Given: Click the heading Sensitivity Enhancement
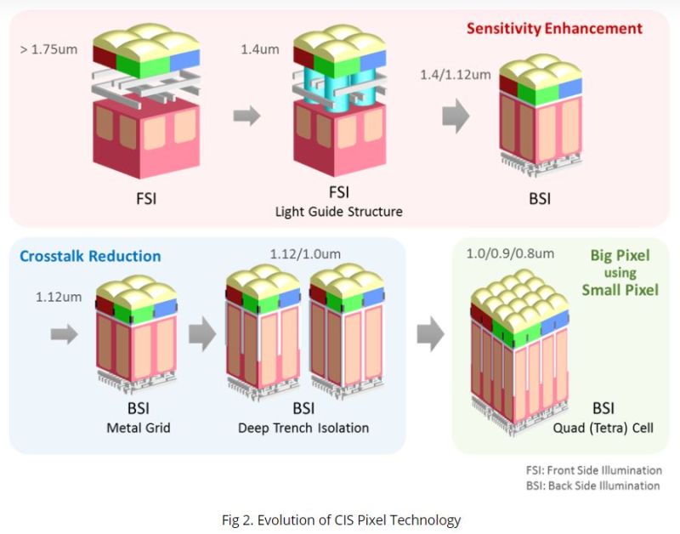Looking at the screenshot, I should click(x=554, y=28).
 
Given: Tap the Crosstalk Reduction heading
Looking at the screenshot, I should click(x=89, y=255).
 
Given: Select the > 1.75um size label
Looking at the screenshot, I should click(x=48, y=49).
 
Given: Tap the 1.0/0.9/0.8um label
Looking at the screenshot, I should click(x=511, y=253).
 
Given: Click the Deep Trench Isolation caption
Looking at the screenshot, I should click(x=303, y=428).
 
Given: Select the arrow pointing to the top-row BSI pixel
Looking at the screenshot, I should click(x=456, y=116).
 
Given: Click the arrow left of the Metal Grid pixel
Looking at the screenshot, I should click(x=64, y=334).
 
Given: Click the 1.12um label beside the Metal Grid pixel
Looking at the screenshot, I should click(x=58, y=298).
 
